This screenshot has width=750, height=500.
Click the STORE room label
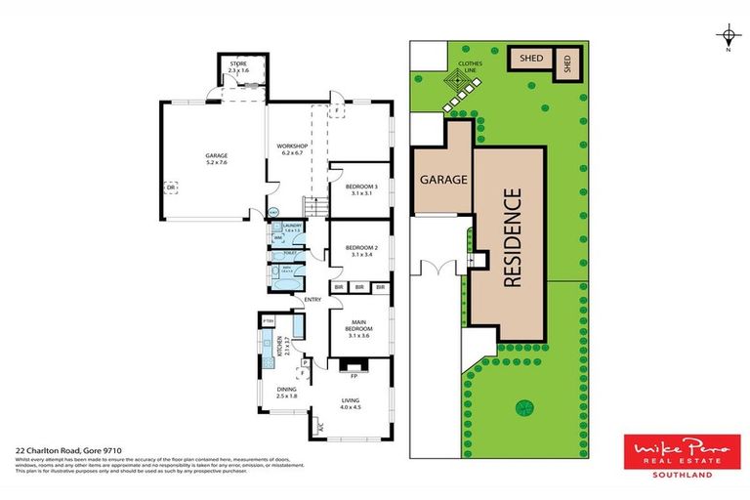238,67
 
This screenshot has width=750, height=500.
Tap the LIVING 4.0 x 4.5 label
350,404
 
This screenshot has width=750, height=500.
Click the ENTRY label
312,299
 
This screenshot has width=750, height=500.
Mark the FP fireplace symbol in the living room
354,373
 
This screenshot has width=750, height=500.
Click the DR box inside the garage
172,188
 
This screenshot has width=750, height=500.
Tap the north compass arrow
728,37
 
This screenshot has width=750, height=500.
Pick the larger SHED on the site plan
530,59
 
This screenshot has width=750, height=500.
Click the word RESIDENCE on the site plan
511,237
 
